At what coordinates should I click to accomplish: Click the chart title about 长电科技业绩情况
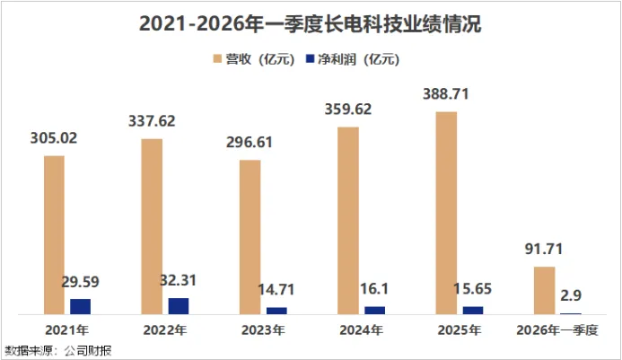[311, 24]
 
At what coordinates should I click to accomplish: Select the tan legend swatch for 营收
[217, 59]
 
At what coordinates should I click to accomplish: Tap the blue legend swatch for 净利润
[310, 58]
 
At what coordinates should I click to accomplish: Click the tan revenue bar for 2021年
[54, 235]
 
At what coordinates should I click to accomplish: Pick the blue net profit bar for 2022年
[179, 306]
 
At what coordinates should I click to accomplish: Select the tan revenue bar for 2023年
[250, 237]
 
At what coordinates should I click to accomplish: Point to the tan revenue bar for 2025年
[446, 213]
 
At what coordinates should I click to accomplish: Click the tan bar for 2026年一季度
[544, 291]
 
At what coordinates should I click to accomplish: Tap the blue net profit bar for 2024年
[375, 311]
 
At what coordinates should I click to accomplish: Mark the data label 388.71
[446, 94]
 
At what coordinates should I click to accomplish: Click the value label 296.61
[250, 142]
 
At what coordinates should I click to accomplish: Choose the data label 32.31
[178, 280]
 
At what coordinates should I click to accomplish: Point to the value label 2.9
[571, 295]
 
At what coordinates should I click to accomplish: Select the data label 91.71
[544, 249]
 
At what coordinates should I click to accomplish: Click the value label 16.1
[374, 288]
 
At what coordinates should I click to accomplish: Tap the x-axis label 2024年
[362, 329]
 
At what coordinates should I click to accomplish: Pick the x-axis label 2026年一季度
[557, 329]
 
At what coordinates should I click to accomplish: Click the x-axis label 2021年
[67, 329]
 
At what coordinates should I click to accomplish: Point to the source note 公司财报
[88, 350]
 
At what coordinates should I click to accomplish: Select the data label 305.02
[54, 138]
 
